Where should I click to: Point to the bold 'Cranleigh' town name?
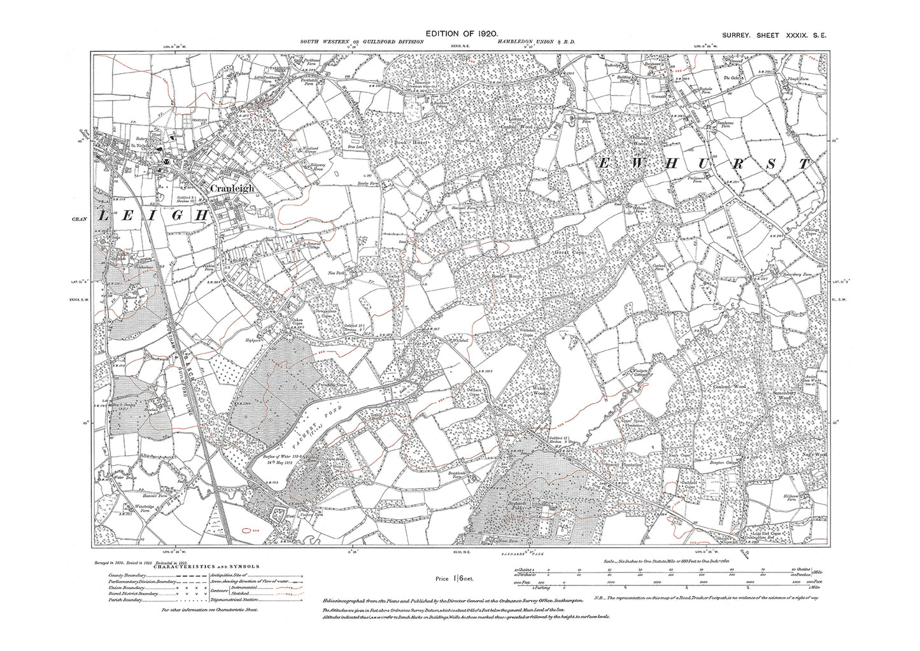point(232,189)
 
